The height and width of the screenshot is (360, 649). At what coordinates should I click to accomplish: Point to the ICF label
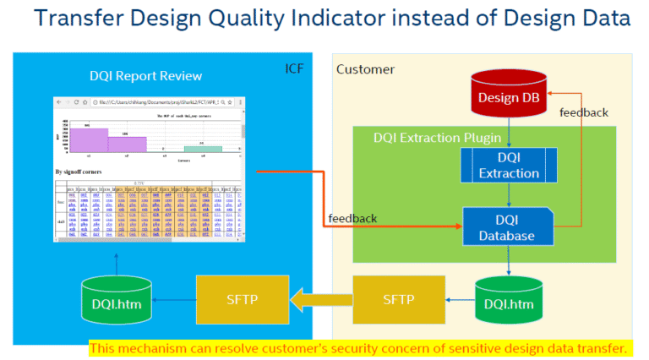[292, 67]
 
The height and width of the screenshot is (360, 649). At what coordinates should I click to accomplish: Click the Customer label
[365, 68]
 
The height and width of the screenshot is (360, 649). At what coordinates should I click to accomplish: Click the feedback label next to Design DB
[582, 112]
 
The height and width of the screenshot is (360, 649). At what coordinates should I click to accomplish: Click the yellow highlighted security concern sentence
[359, 347]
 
